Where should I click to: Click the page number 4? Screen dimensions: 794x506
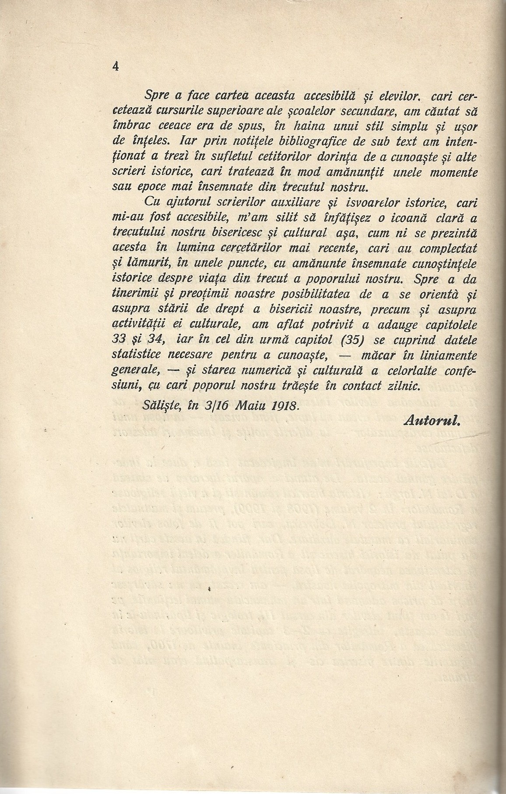tap(116, 66)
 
